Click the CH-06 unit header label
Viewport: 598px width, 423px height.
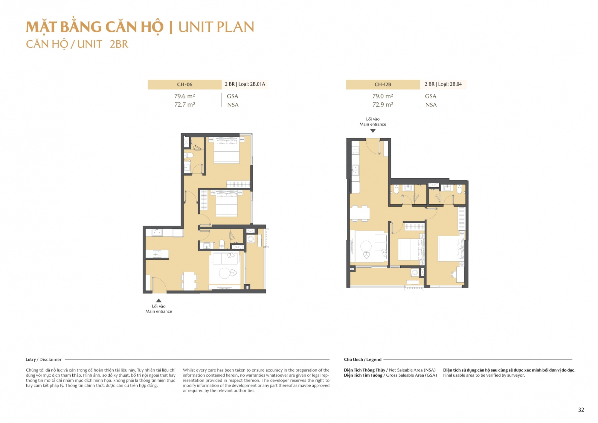click(184, 84)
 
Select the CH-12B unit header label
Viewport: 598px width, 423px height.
click(383, 84)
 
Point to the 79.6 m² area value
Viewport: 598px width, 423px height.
click(184, 96)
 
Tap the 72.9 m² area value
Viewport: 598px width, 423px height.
click(383, 104)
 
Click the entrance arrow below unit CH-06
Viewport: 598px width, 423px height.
click(159, 300)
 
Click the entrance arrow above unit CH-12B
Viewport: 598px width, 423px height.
click(373, 131)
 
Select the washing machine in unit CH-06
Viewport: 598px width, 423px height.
click(251, 239)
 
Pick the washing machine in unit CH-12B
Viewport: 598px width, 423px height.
click(414, 272)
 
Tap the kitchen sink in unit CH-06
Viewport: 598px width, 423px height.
click(157, 232)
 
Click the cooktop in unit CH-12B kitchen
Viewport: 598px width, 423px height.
click(355, 150)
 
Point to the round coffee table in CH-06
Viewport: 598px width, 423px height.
click(225, 273)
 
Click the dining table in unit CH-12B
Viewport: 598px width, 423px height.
click(360, 214)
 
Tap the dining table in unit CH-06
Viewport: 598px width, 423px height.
click(189, 281)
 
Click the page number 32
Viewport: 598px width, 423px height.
click(581, 410)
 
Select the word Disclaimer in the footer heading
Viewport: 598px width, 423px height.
click(51, 360)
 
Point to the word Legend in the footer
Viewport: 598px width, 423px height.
click(374, 360)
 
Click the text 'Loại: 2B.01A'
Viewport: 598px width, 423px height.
click(252, 84)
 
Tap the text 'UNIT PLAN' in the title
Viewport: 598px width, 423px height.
click(216, 27)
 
